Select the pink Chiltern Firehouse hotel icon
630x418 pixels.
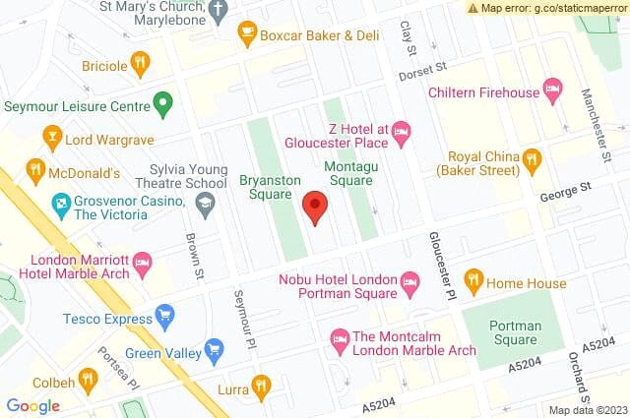[552, 92]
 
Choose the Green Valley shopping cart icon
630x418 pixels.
[214, 349]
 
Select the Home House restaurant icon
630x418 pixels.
[472, 281]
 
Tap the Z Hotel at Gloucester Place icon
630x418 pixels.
[401, 131]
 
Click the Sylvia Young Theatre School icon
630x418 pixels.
[206, 204]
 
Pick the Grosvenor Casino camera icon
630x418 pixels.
[59, 206]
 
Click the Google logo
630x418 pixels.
[33, 405]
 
